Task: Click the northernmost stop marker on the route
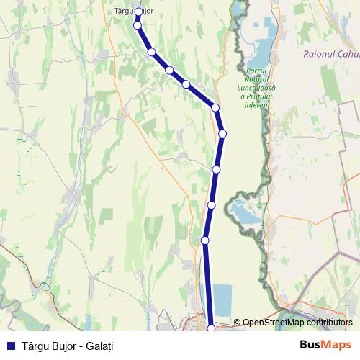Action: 138,12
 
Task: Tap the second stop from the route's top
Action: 138,25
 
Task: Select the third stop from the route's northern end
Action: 152,52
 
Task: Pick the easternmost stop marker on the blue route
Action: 222,133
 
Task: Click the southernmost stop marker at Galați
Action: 211,328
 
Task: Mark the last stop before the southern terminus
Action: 205,240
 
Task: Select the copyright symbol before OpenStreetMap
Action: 238,323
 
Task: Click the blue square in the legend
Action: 10,345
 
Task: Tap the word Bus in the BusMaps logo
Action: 311,344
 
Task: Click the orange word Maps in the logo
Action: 338,344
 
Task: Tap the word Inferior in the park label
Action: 257,105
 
